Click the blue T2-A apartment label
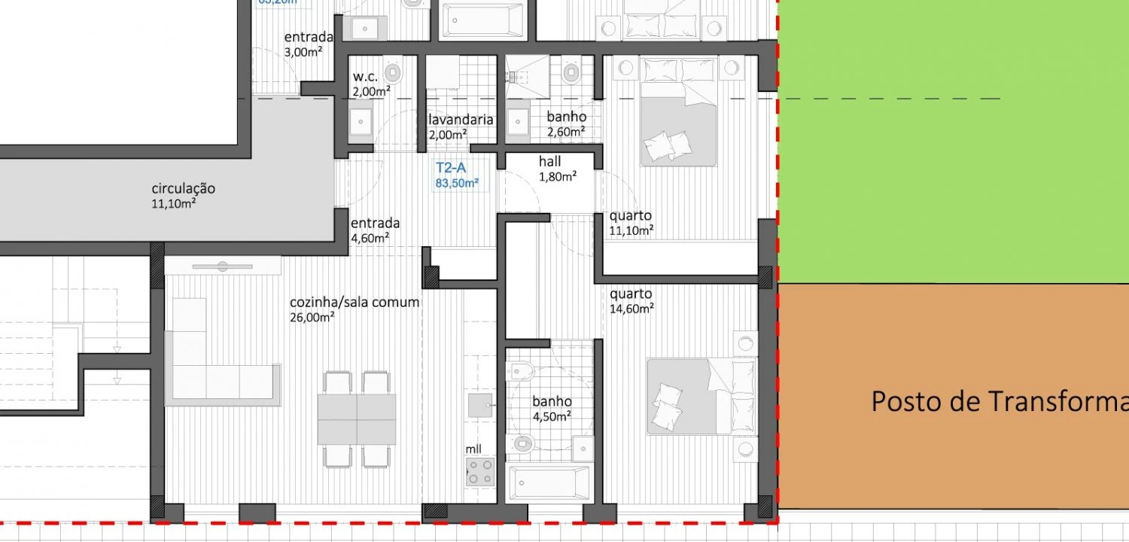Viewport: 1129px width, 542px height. (451, 169)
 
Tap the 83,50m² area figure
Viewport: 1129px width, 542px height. (457, 183)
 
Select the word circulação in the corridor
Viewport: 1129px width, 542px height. (184, 188)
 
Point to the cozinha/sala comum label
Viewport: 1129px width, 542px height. (355, 302)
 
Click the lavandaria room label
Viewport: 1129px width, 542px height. (461, 120)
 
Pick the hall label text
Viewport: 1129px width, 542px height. (549, 162)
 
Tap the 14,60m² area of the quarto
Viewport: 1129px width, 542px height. (631, 308)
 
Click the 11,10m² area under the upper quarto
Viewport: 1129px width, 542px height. (631, 230)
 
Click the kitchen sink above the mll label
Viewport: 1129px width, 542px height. (479, 405)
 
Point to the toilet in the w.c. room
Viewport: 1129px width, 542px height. (392, 73)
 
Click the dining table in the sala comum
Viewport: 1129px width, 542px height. (357, 419)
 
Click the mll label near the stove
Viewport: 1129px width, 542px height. (473, 449)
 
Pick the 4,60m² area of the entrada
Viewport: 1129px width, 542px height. (370, 238)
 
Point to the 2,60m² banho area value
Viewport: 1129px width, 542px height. (566, 132)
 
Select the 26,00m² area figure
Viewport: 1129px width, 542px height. (312, 317)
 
